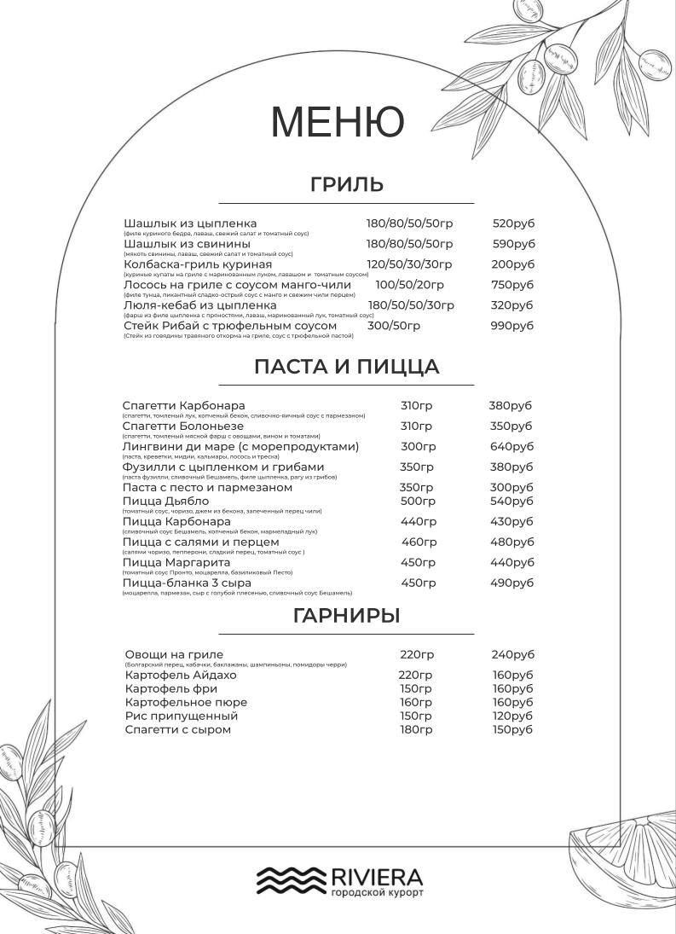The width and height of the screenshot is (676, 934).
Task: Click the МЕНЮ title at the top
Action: click(337, 121)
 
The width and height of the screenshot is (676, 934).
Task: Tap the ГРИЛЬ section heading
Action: click(346, 184)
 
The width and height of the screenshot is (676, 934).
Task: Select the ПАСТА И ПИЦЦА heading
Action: click(346, 367)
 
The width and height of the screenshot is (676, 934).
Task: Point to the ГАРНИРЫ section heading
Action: click(346, 616)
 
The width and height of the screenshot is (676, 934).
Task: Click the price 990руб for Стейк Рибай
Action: click(511, 326)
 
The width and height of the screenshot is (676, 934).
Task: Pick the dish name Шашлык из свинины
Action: click(187, 244)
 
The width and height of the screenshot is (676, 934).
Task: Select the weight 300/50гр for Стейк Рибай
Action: click(393, 326)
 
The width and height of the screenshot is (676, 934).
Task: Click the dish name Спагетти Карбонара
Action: click(183, 405)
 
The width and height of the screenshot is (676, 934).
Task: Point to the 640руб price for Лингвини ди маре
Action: click(511, 446)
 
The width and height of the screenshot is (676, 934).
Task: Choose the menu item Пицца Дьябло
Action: click(165, 501)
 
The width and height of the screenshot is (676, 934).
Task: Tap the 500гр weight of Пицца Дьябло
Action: click(418, 501)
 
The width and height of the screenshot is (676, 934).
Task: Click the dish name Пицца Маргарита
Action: click(176, 562)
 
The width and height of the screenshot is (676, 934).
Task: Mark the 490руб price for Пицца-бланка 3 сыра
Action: click(511, 583)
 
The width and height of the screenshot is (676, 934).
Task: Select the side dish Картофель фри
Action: click(170, 688)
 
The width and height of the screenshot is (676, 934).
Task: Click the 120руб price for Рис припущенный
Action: click(511, 716)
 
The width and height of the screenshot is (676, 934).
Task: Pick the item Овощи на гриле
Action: click(174, 654)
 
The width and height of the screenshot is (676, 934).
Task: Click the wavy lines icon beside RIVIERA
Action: click(291, 880)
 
